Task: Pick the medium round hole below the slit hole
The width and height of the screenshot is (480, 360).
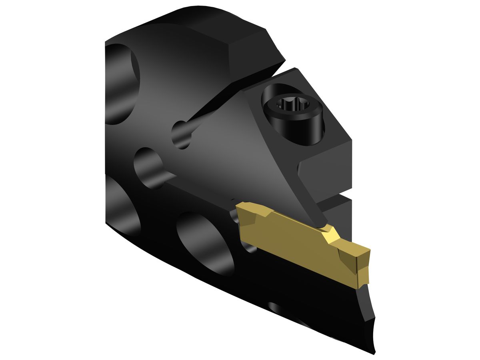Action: tap(149, 166)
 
